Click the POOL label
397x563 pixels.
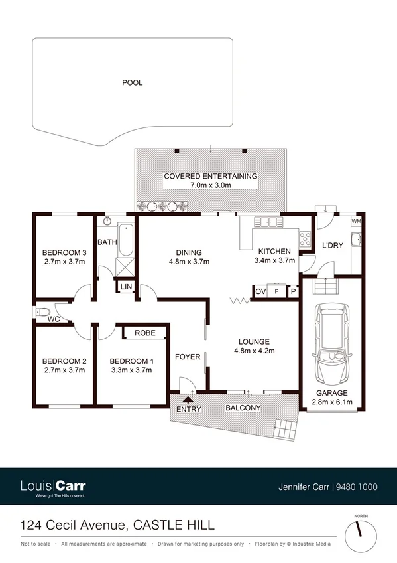pos(132,83)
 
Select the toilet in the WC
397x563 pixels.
pos(44,311)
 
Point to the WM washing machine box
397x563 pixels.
pos(356,220)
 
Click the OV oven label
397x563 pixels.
pos(260,291)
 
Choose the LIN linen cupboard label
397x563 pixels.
pos(126,287)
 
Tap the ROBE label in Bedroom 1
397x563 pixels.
pos(145,333)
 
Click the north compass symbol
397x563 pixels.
pos(361,529)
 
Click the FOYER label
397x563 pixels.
pos(188,357)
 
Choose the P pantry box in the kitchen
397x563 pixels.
pos(292,291)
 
